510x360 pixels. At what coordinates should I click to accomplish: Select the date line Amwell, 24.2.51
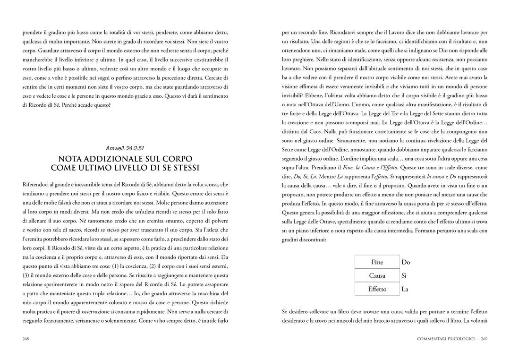[x=125, y=148]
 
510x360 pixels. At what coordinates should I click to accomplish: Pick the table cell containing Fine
[x=377, y=262]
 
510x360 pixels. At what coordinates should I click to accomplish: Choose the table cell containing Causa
[x=377, y=275]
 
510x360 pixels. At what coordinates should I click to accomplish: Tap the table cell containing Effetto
[x=377, y=289]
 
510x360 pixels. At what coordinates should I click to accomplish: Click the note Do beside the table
[x=406, y=262]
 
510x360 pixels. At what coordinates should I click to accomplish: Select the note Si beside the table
[x=404, y=275]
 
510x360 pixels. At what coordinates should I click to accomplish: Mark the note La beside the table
[x=405, y=289]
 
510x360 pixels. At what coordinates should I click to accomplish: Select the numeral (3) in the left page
[x=26, y=275]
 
